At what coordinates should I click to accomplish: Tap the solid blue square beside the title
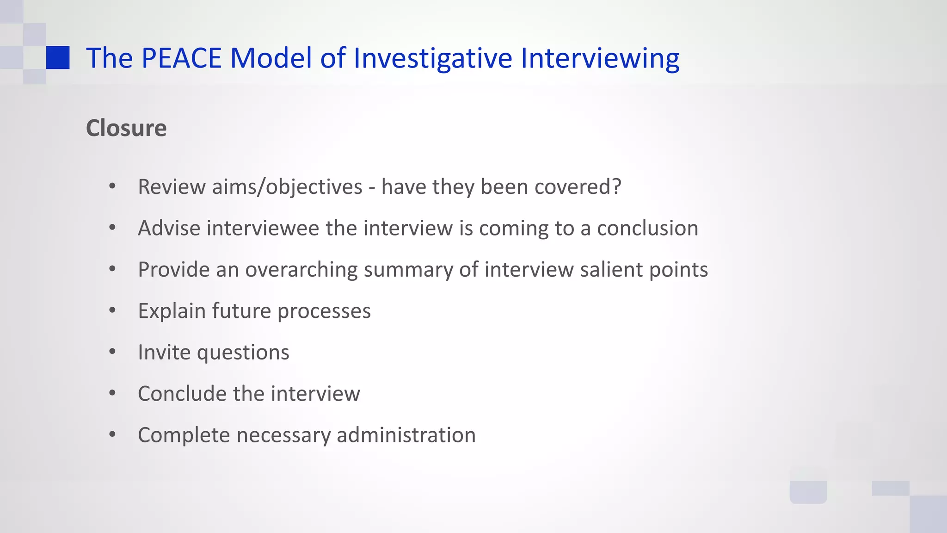coord(58,58)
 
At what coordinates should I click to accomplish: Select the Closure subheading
coord(126,128)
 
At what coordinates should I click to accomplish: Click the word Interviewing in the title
coord(600,58)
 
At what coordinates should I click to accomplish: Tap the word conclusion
coord(647,228)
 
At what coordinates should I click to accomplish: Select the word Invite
coord(164,352)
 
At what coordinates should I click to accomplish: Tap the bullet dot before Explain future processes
coord(112,310)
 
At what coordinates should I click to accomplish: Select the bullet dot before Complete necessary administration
coord(112,434)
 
